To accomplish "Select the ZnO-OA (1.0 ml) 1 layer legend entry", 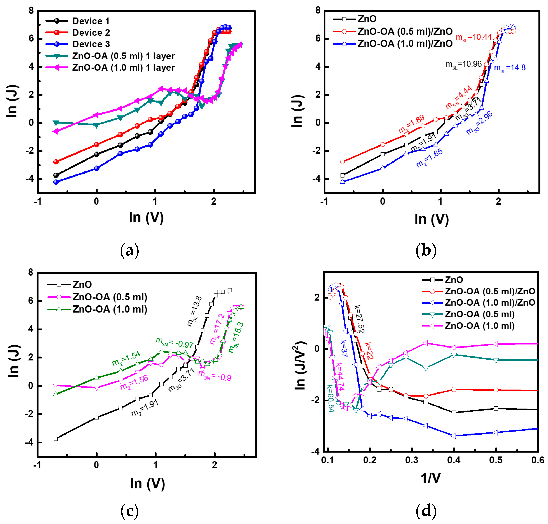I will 123,68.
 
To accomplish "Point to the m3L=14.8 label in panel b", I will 509,68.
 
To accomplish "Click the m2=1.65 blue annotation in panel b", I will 429,158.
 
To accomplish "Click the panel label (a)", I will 129,251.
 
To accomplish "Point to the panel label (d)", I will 426,511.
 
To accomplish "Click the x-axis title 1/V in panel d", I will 430,478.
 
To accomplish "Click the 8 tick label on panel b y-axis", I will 318,11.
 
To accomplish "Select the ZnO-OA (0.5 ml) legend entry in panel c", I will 110,297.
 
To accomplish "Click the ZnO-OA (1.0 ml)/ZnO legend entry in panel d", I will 489,303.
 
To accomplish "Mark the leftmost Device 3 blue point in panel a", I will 56,182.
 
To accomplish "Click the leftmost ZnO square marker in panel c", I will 56,439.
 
